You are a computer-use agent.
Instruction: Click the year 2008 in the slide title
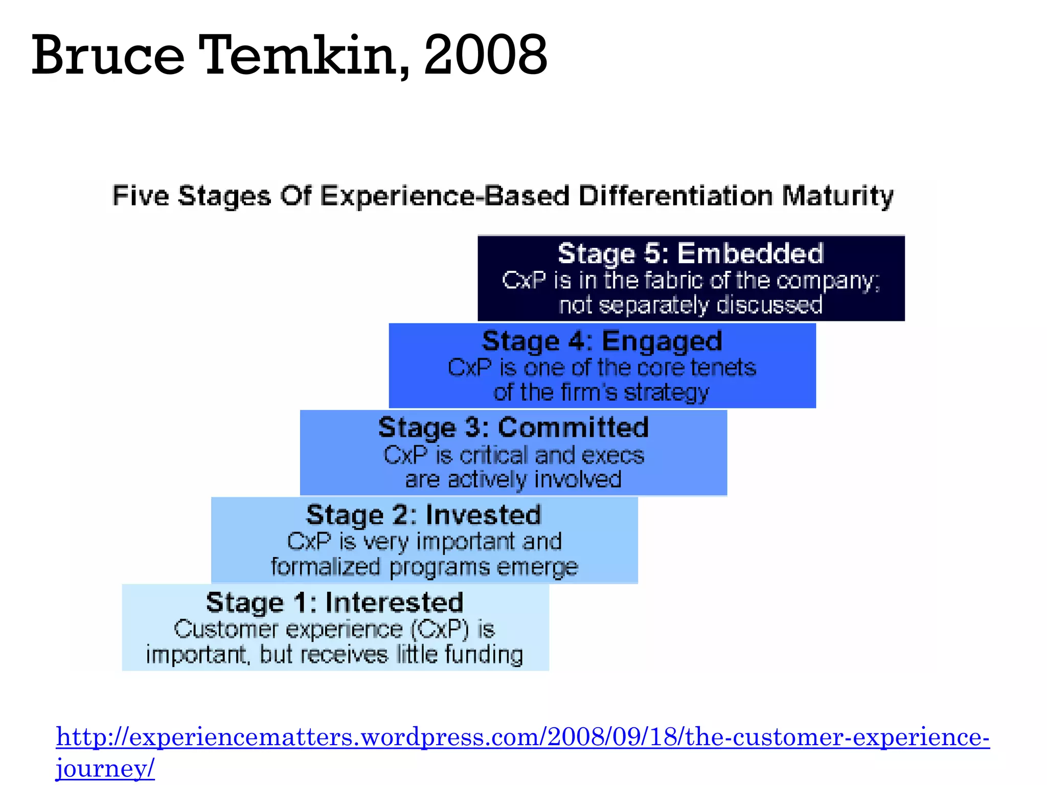486,55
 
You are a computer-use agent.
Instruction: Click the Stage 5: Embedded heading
691,253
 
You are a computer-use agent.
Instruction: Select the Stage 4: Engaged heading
602,341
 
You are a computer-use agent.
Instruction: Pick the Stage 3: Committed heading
513,427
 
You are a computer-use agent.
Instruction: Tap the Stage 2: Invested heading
424,515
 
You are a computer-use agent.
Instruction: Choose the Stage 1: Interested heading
335,602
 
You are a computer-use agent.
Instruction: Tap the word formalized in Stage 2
326,567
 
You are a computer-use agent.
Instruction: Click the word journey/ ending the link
105,768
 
